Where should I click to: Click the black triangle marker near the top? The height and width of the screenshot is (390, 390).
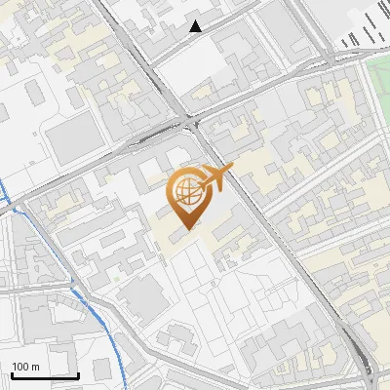196,26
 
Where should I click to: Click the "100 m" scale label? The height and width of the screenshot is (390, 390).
25,367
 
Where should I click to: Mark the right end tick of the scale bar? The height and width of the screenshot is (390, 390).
78,374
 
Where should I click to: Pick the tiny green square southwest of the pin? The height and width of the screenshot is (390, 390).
116,280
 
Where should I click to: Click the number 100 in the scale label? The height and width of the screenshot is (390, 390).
20,367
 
